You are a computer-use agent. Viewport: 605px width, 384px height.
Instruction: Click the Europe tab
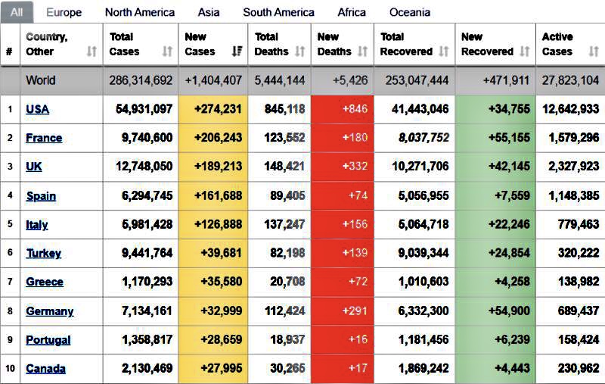coord(64,12)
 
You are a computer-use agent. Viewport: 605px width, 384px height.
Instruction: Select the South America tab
coord(278,12)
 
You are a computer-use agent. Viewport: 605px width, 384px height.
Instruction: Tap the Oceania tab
coord(410,12)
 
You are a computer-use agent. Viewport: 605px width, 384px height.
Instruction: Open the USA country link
coord(37,109)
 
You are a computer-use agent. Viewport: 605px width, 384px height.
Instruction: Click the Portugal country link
coord(48,340)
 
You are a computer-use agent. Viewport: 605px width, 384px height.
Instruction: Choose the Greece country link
coord(45,282)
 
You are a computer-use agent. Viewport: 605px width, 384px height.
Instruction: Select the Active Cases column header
coord(557,44)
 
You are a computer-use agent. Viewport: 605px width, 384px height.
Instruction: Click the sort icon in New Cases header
coord(237,52)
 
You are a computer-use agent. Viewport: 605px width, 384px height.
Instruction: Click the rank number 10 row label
coord(10,369)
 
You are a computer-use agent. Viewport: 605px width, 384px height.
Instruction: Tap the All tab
coord(17,12)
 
